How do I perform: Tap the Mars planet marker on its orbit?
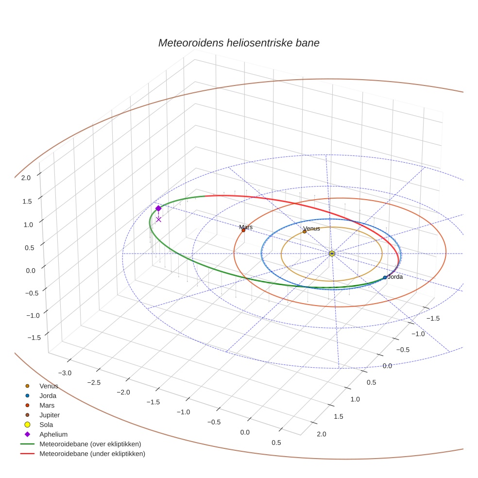[x=243, y=230]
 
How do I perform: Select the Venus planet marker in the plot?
[x=305, y=231]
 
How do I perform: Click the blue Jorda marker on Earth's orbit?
[x=385, y=277]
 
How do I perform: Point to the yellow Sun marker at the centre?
[x=332, y=254]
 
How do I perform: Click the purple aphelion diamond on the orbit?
[x=158, y=208]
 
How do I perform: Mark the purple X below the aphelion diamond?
[x=158, y=220]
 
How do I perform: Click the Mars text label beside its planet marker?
[x=246, y=227]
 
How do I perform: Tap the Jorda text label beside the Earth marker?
[x=395, y=277]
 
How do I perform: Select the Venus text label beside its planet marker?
[x=311, y=228]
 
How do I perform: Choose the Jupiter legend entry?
[x=50, y=415]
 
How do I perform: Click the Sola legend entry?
[x=46, y=425]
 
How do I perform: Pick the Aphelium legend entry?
[x=53, y=434]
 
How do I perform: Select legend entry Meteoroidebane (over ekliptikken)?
[x=90, y=444]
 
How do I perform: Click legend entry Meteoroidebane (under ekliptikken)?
[x=92, y=454]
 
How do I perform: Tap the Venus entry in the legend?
[x=49, y=386]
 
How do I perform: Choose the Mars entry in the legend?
[x=47, y=405]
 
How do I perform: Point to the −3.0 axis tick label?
[x=65, y=373]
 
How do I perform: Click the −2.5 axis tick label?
[x=94, y=382]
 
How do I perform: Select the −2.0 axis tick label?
[x=123, y=392]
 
